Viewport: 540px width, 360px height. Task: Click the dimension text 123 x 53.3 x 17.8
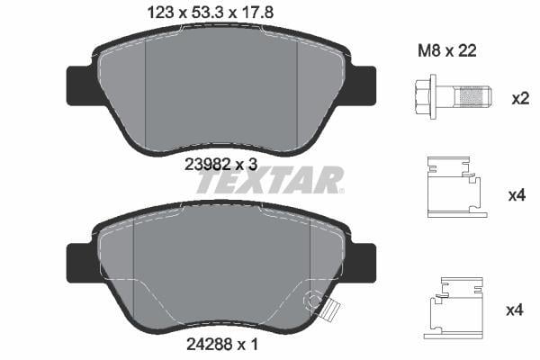tap(210, 13)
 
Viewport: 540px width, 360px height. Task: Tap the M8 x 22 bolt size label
tap(447, 51)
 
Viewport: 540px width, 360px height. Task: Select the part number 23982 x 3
tap(220, 165)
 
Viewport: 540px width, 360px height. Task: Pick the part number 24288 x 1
tap(221, 344)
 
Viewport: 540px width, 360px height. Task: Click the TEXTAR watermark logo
tap(270, 179)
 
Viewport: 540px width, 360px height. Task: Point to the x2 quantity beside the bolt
tap(520, 99)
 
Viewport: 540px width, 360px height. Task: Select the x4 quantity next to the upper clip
tap(517, 195)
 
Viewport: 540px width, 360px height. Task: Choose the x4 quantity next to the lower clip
tap(515, 310)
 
